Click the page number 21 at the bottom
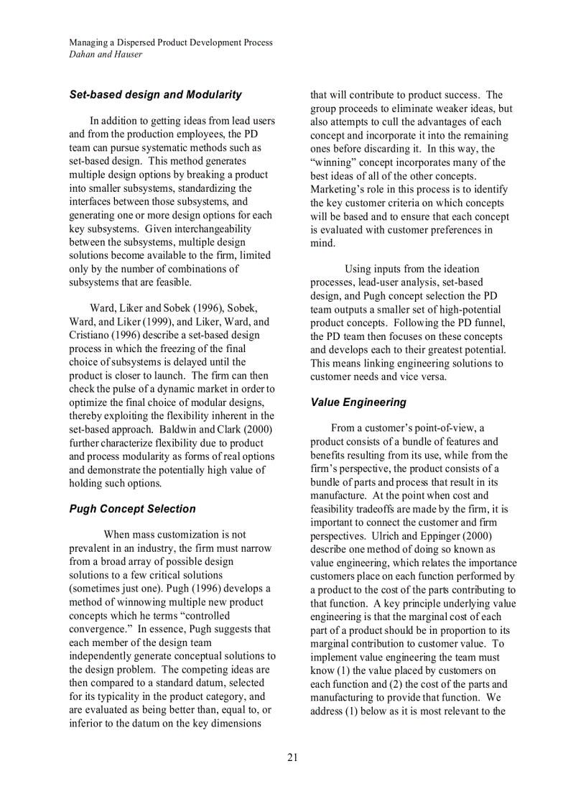(x=292, y=757)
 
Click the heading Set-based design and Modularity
(x=155, y=95)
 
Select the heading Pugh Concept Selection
(x=132, y=509)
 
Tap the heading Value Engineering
(x=358, y=402)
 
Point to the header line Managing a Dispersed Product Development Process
(x=170, y=42)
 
